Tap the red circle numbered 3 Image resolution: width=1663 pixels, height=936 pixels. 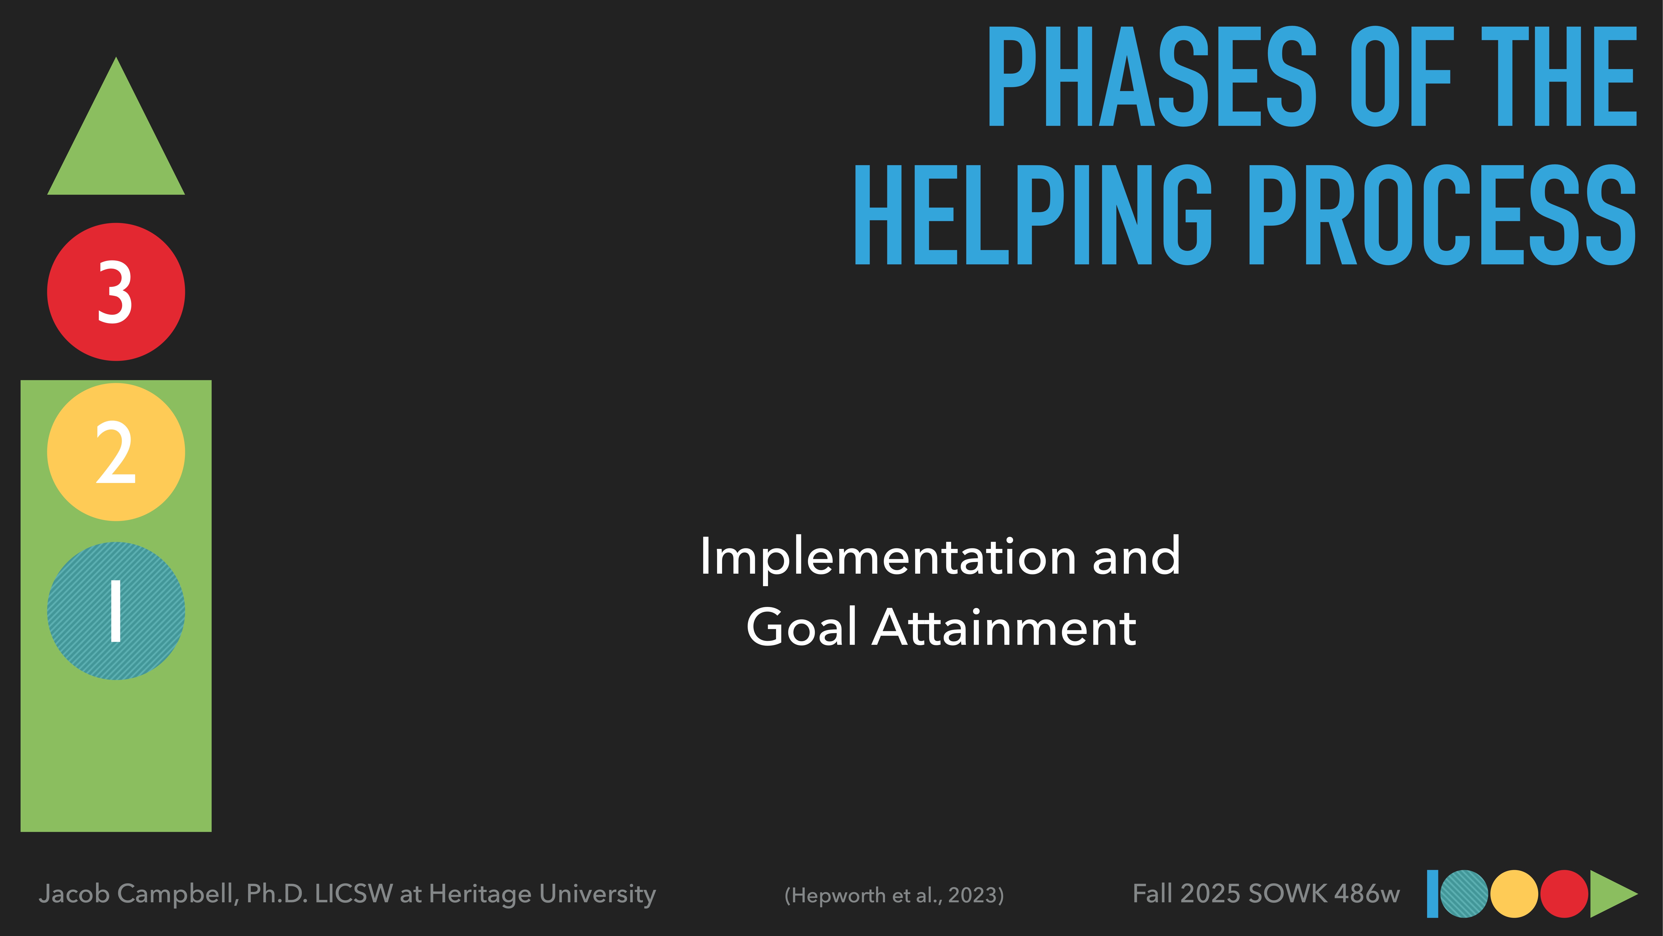coord(116,292)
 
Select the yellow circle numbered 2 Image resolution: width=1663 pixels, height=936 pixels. coord(116,452)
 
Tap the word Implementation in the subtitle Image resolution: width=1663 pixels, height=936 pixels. coord(888,557)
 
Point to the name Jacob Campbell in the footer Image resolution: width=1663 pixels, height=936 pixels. coord(139,894)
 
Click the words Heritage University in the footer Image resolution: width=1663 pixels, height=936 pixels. coord(542,894)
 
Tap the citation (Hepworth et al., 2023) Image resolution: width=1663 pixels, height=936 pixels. coord(894,895)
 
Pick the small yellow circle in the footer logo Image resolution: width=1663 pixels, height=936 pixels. coord(1514,894)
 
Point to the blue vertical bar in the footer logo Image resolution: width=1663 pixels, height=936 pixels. coord(1432,894)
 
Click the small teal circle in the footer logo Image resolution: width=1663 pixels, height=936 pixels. coord(1464,894)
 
